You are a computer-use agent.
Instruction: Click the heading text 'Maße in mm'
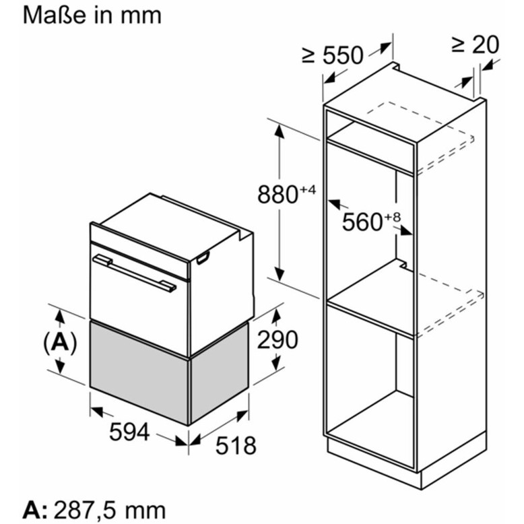tap(92, 15)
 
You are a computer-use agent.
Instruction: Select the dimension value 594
tap(129, 432)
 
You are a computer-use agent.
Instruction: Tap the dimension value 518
tap(236, 445)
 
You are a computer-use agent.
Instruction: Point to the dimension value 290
tap(277, 339)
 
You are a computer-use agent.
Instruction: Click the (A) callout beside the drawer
tap(60, 342)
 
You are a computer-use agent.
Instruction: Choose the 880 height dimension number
tap(277, 195)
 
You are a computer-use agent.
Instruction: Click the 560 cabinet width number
tap(362, 222)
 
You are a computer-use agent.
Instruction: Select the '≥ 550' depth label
tap(332, 55)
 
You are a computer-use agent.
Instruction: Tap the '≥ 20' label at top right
tap(475, 44)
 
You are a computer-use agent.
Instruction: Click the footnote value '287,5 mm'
tap(110, 511)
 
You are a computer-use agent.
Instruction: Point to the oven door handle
tap(134, 273)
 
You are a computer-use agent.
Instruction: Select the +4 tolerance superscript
tap(308, 190)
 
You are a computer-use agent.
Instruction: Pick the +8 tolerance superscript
tap(393, 218)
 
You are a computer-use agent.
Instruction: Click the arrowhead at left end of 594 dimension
tap(97, 412)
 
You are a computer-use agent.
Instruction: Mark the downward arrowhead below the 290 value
tap(276, 363)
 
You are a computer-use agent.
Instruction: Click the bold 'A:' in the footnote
tap(35, 511)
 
